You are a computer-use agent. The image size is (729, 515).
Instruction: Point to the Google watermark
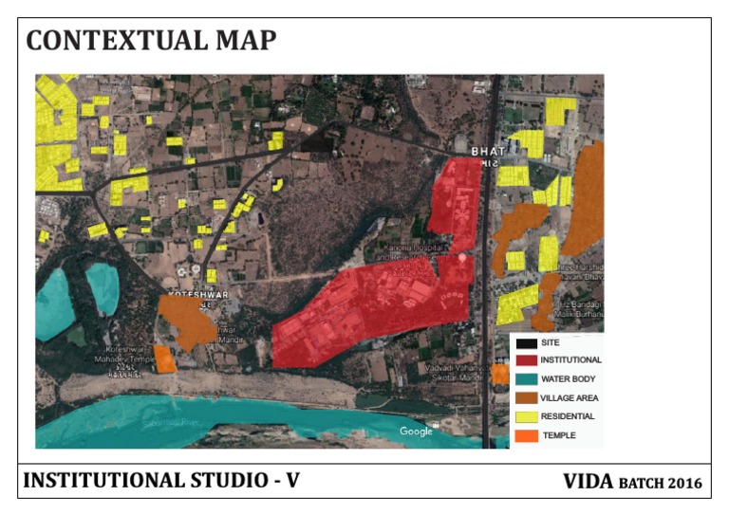point(416,432)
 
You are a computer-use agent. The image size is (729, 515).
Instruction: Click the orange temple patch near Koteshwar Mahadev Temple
point(164,359)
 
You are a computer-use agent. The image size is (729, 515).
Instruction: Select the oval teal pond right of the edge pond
point(103,287)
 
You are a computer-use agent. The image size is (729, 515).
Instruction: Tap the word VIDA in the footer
point(588,482)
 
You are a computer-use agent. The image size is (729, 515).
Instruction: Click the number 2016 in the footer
point(684,484)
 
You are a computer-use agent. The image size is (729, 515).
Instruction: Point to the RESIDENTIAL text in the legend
point(568,416)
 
